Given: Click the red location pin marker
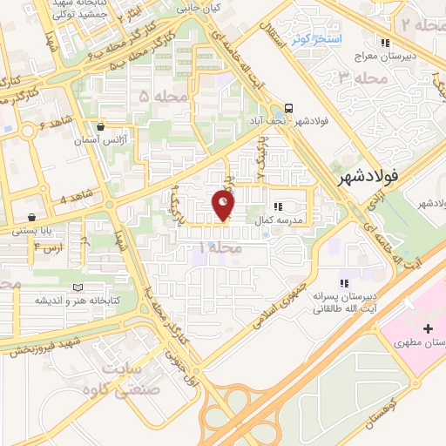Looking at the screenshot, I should pos(223,206).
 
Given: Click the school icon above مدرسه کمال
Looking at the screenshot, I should pos(278,206).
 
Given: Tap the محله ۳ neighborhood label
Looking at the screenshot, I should pos(357,77).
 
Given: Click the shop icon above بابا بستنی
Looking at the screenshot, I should pos(32,217).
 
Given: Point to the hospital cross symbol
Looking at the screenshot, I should pos(427,328).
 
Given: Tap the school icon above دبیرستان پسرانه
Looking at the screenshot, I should pos(344,282).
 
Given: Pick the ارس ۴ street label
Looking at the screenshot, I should pos(48,247).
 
